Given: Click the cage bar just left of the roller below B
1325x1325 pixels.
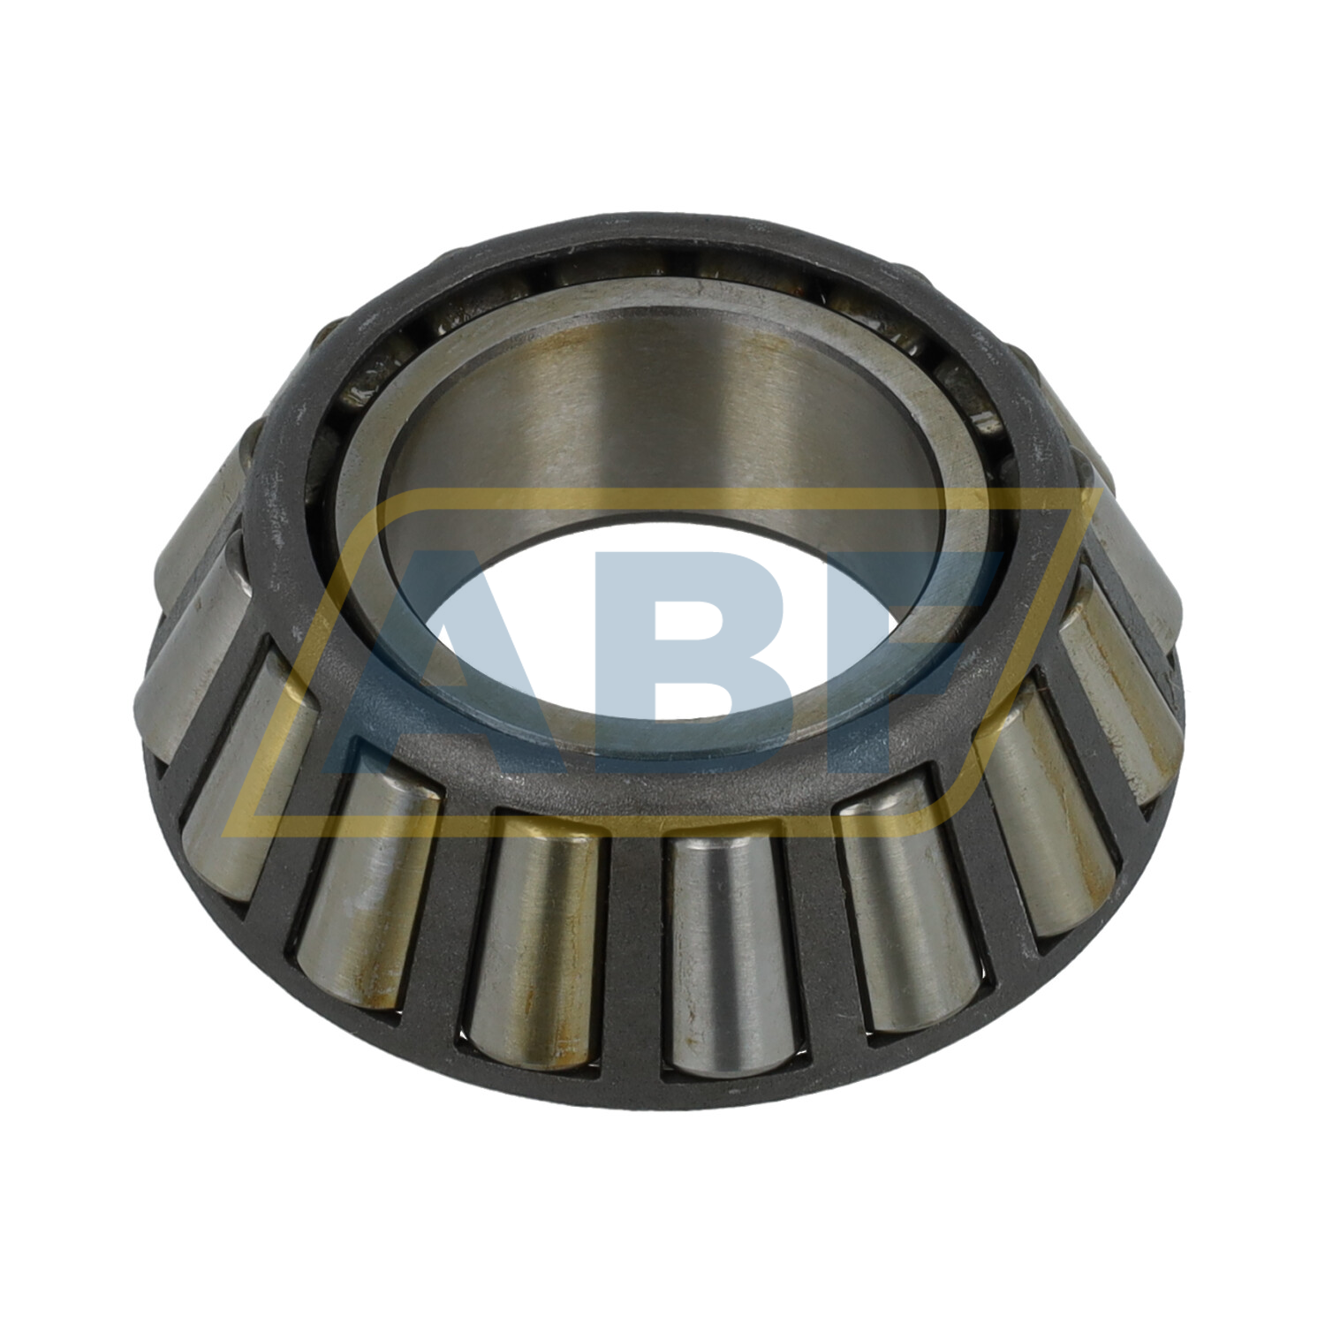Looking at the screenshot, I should point(632,954).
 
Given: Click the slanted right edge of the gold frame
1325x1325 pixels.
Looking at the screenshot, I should point(1016,654).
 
